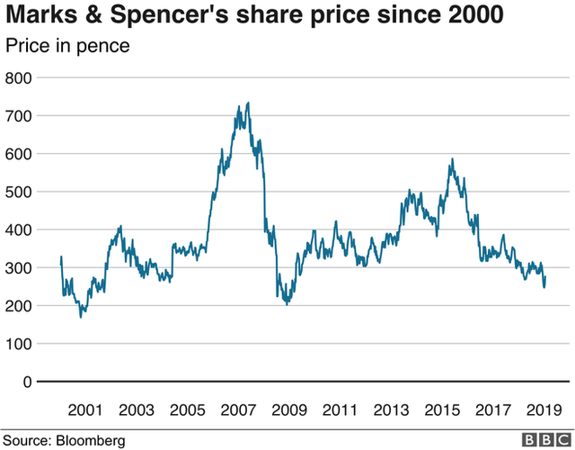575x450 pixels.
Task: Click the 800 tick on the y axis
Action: pyautogui.click(x=20, y=78)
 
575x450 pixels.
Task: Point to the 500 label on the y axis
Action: pyautogui.click(x=20, y=192)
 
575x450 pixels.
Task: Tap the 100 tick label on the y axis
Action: pyautogui.click(x=20, y=344)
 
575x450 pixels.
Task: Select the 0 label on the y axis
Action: pyautogui.click(x=28, y=382)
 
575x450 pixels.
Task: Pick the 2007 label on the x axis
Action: pyautogui.click(x=238, y=409)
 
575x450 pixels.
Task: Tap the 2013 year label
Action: pyautogui.click(x=390, y=409)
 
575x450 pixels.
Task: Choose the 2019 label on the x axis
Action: pyautogui.click(x=541, y=409)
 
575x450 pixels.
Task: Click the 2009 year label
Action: pyautogui.click(x=288, y=409)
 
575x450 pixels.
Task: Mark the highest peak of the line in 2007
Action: pyautogui.click(x=248, y=103)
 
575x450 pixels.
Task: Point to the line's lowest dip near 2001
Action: pyautogui.click(x=81, y=317)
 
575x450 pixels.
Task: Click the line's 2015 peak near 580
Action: pyautogui.click(x=452, y=159)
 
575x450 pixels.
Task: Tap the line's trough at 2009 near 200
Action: pyautogui.click(x=287, y=304)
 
